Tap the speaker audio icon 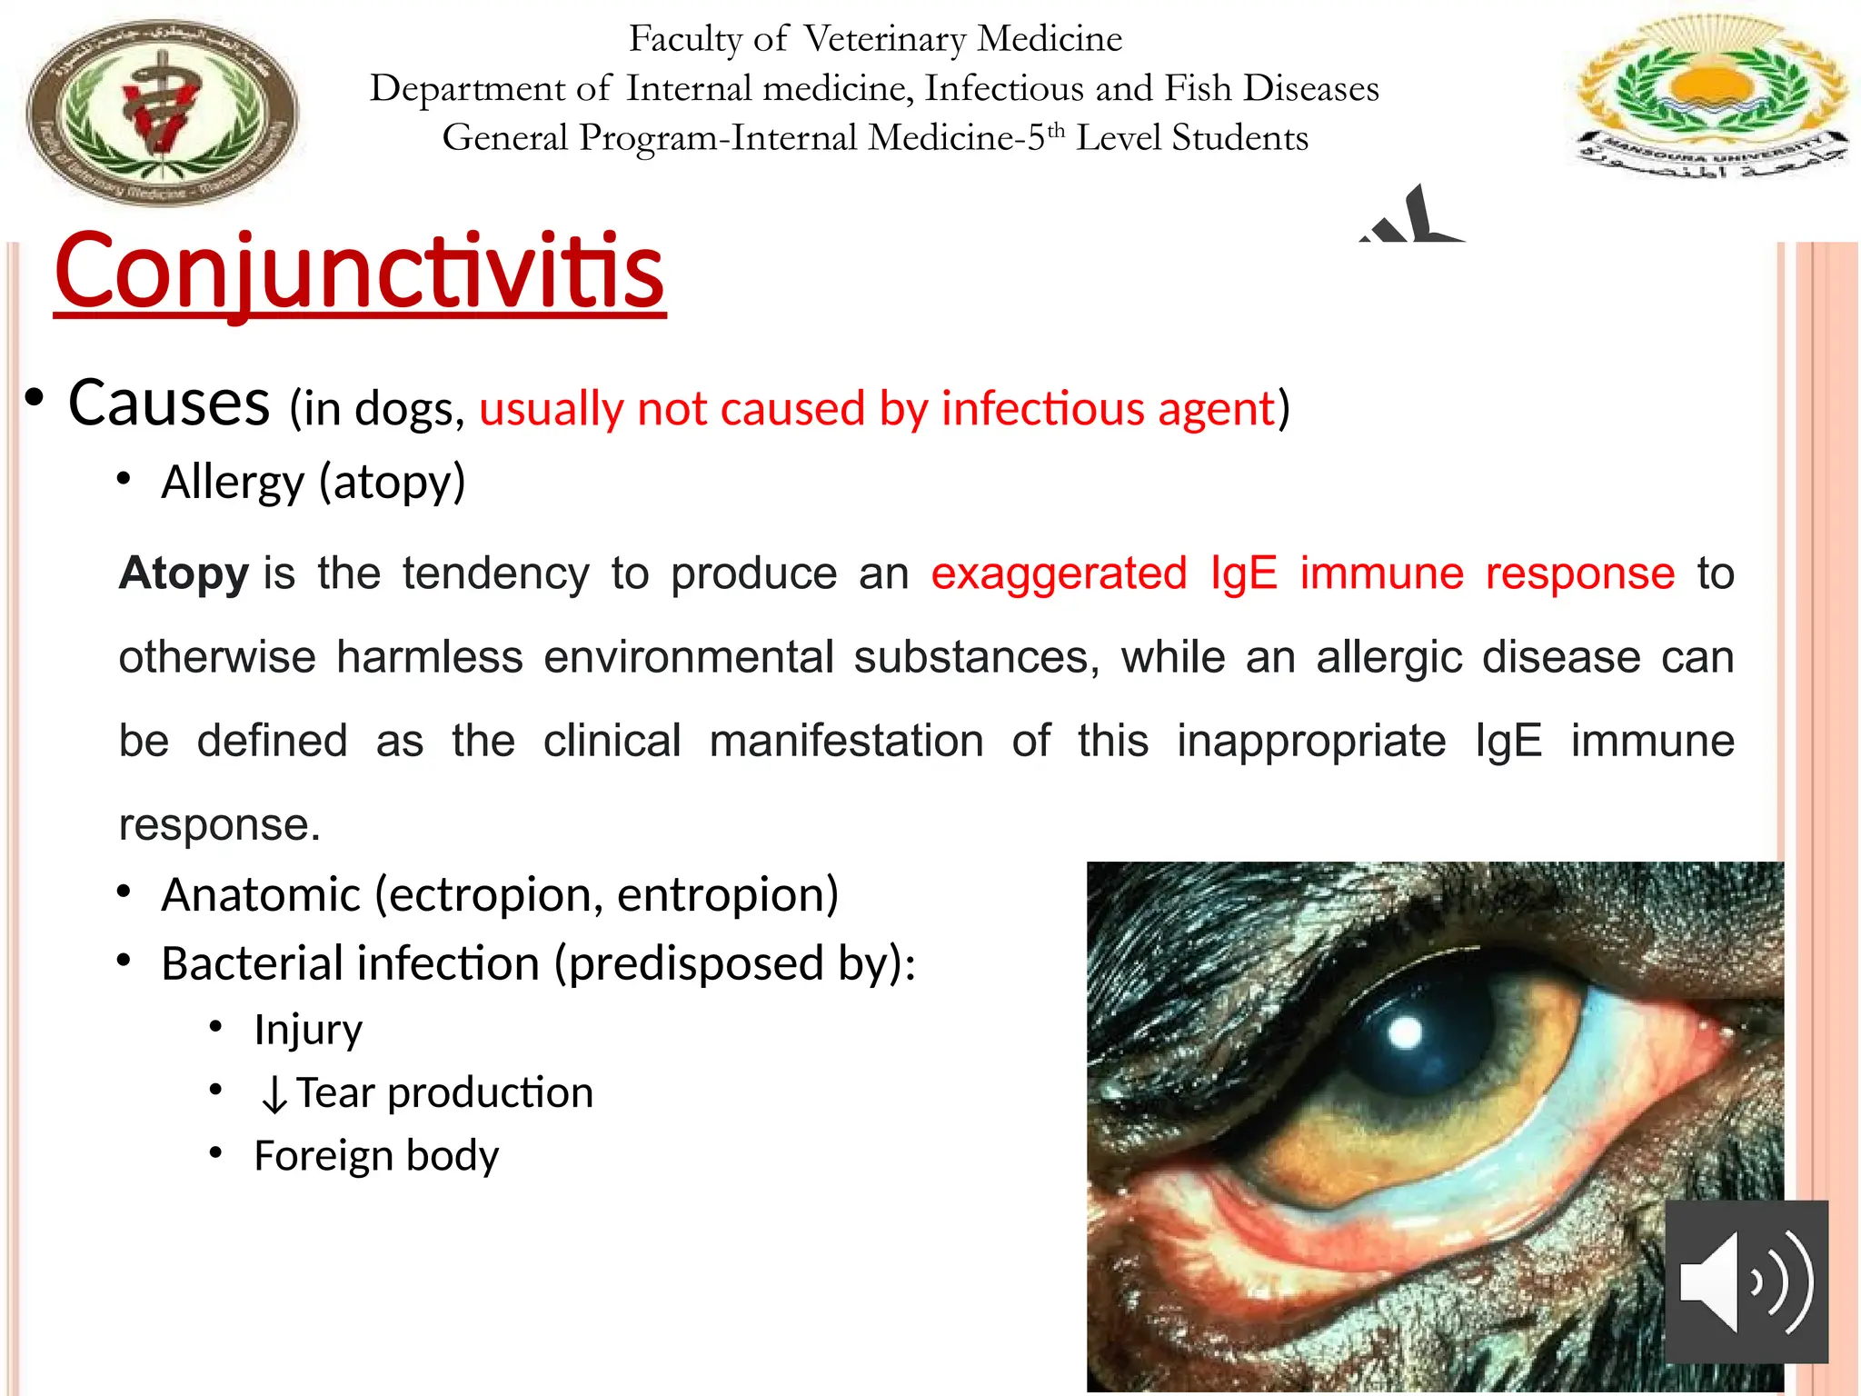1746,1281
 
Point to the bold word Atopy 184,573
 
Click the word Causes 169,403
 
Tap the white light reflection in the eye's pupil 1406,1032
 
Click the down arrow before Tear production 274,1094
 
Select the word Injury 308,1030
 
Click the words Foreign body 376,1156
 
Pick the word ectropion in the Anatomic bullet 496,894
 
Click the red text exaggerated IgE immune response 1302,573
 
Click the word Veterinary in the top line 885,39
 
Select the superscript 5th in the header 1045,136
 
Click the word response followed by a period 218,825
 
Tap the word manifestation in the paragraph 846,741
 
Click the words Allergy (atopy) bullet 313,482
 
